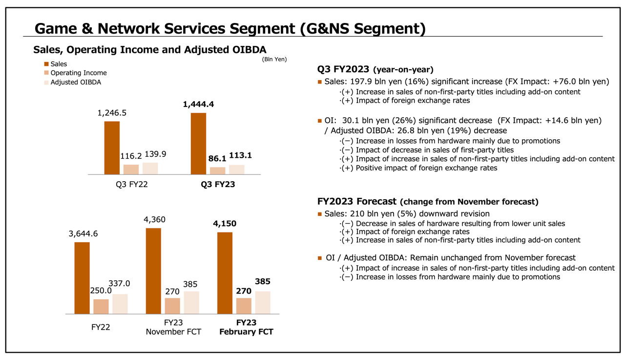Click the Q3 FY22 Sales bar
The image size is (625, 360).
tap(112, 148)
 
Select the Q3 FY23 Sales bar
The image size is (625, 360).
tap(198, 144)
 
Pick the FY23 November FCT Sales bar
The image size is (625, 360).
tap(153, 271)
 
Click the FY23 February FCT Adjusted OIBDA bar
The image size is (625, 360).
tap(263, 302)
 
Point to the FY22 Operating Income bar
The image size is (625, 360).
tap(101, 306)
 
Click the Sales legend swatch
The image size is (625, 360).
tap(46, 64)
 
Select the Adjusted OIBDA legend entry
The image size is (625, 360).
tap(76, 82)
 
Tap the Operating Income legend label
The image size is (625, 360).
tap(79, 73)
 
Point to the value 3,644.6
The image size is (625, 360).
tap(83, 234)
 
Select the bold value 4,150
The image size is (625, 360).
tap(225, 224)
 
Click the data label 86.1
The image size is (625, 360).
tap(217, 159)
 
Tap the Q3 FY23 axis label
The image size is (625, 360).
tap(218, 185)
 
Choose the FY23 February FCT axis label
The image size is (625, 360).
tap(246, 327)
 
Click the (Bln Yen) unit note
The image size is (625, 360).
tap(274, 59)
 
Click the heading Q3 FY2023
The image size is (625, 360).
tap(343, 69)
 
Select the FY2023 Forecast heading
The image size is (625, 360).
tap(356, 201)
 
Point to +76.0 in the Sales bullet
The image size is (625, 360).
tap(567, 82)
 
